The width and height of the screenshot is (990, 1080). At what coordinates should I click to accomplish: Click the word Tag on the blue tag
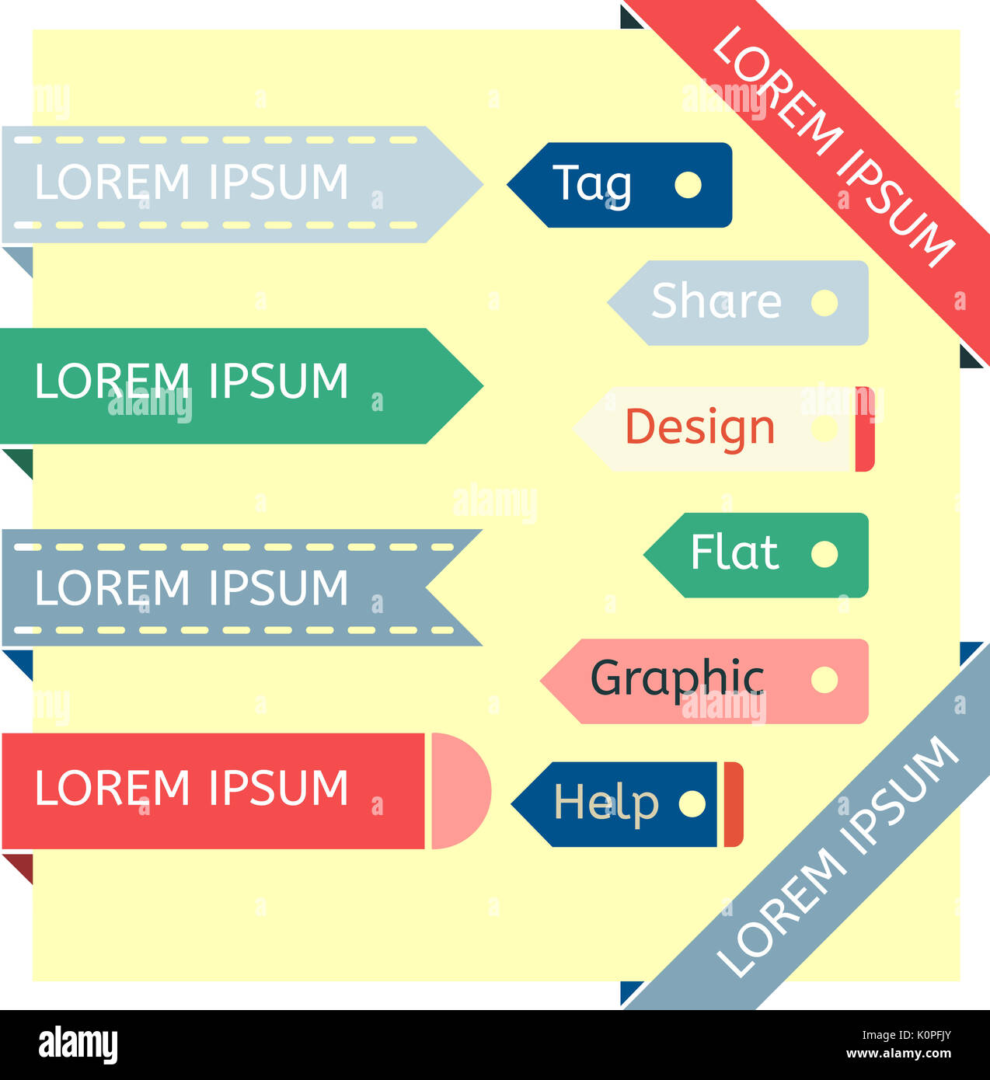coord(592,185)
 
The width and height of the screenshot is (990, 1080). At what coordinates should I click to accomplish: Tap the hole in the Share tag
coord(824,303)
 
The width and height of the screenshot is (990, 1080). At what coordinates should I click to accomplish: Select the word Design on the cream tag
coord(699,429)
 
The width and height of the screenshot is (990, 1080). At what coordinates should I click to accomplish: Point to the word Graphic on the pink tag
coord(678,680)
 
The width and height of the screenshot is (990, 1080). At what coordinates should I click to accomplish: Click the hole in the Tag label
coord(688,185)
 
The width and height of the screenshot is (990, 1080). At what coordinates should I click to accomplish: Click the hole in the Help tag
coord(692,804)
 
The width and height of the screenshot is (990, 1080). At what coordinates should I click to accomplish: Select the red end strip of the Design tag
coord(865,429)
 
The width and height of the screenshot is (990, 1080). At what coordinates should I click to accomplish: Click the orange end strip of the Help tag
coord(734,804)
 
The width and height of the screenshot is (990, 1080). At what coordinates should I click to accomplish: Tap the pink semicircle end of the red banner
coord(459,791)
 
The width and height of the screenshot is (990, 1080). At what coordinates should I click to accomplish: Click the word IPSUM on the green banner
coord(278,381)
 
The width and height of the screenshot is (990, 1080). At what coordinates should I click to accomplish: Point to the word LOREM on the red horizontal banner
coord(112,788)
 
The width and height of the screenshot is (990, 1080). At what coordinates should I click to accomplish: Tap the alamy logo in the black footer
coord(78,1044)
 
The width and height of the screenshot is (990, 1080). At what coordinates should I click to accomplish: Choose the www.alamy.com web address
coord(898,1053)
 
